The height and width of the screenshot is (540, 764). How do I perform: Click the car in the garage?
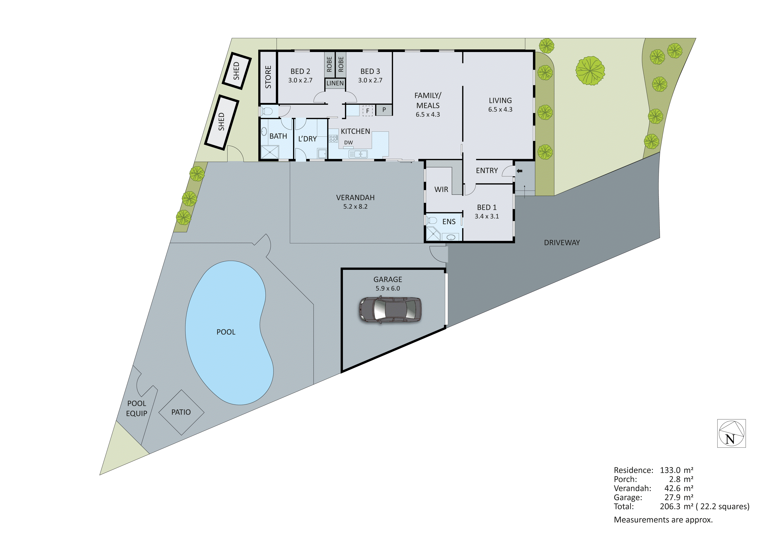tap(390, 310)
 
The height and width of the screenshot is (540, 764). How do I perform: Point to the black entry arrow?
tap(519, 171)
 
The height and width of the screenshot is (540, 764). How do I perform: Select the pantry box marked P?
tap(384, 110)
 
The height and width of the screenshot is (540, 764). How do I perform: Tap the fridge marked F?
tap(367, 111)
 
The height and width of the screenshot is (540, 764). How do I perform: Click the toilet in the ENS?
tap(432, 220)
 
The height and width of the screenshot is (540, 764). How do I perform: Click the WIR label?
tap(441, 189)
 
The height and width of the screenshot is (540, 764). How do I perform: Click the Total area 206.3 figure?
tap(670, 506)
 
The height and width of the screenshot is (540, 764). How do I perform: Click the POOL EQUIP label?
tap(137, 408)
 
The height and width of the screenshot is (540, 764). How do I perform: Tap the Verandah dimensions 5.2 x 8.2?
tap(355, 207)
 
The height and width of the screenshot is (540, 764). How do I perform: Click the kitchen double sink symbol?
tap(358, 154)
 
